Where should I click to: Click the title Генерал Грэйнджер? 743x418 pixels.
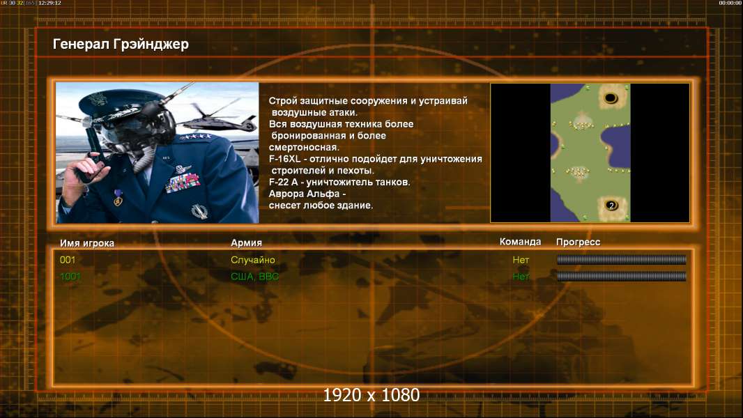121,45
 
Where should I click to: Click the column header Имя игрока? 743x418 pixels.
86,243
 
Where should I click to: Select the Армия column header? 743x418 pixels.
247,243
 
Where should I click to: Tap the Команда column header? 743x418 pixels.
520,242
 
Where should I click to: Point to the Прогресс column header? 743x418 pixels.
578,242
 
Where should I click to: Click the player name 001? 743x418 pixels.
68,260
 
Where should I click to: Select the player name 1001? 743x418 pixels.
70,277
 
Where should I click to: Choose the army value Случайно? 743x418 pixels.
252,260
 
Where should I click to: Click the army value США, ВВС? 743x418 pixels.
254,277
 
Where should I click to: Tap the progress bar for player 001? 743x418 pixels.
621,259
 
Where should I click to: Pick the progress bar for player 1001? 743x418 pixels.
621,276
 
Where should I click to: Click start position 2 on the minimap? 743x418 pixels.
611,206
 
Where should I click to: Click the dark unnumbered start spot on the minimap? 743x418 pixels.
611,98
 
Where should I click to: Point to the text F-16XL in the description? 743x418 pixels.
284,159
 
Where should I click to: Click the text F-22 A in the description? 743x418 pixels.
283,183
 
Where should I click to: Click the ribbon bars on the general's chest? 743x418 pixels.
183,183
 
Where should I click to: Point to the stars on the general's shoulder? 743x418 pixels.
195,136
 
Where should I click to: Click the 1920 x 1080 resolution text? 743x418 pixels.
371,395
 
